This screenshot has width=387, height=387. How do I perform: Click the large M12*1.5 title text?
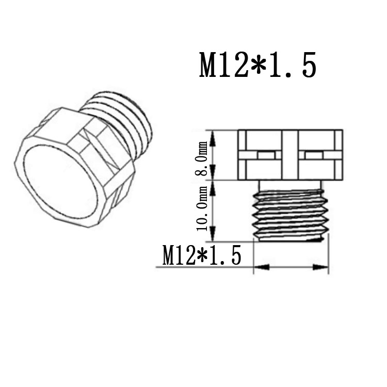(258, 65)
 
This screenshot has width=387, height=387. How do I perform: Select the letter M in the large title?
(211, 65)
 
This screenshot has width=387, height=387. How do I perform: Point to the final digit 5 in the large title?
(308, 65)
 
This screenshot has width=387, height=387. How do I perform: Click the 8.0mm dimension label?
(201, 158)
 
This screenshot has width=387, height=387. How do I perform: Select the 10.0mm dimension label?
(202, 208)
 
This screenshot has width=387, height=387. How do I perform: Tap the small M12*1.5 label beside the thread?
(201, 255)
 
